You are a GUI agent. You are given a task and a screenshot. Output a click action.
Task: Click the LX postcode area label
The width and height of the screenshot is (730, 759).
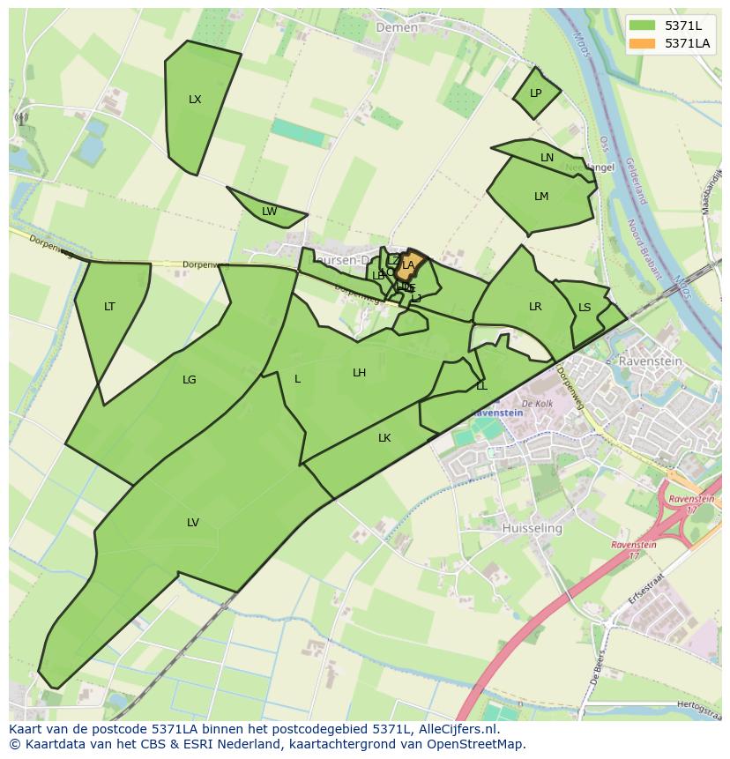coord(195,100)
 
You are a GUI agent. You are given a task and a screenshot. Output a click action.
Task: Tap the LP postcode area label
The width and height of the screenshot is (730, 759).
coord(535,93)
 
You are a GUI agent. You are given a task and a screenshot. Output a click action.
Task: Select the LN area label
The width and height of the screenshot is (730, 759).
coord(547,158)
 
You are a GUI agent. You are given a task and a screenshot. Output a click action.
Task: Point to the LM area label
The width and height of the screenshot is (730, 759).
coord(541,197)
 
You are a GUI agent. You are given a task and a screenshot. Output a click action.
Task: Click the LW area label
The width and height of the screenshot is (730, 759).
coord(269,212)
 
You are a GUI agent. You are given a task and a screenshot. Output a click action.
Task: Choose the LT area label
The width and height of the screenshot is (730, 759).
coord(109,307)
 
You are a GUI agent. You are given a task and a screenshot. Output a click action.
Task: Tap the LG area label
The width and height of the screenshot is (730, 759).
coord(189,380)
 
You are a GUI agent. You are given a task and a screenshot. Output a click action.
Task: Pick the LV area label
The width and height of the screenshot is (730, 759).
coord(193,523)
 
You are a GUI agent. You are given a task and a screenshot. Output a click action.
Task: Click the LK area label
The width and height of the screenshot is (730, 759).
coord(384,438)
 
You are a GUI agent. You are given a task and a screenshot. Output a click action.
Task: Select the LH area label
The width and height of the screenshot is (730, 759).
coord(359,373)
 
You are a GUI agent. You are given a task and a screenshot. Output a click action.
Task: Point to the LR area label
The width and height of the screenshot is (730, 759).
coord(535,307)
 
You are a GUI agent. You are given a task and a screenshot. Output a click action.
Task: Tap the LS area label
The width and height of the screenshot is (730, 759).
coord(585,308)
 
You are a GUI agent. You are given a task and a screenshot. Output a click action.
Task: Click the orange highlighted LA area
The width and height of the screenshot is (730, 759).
coord(408,264)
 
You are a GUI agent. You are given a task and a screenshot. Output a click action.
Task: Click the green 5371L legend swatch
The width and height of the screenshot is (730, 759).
coord(643,25)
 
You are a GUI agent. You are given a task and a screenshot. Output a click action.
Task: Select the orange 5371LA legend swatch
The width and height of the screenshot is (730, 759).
coord(643,43)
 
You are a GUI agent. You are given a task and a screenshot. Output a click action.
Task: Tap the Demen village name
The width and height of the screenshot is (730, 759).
coord(397,27)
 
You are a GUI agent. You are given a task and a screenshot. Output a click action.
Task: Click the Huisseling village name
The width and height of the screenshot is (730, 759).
coord(532,528)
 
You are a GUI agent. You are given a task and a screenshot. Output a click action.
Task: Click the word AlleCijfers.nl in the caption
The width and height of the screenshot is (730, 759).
coord(459,730)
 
